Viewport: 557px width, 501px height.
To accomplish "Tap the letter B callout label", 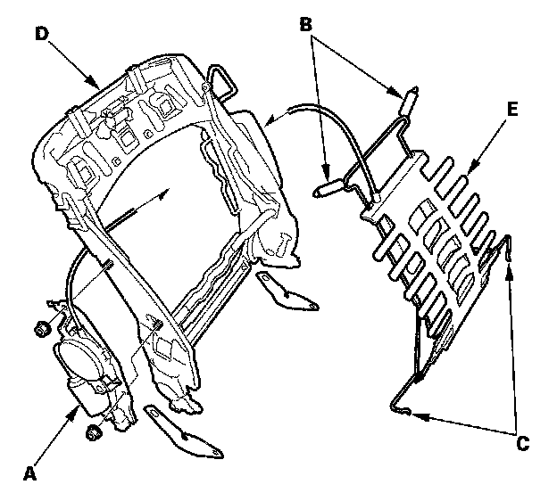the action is [x=305, y=24].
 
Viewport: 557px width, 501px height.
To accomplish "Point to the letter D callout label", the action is [x=40, y=33].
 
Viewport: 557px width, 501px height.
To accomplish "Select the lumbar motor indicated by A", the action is [x=84, y=370].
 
